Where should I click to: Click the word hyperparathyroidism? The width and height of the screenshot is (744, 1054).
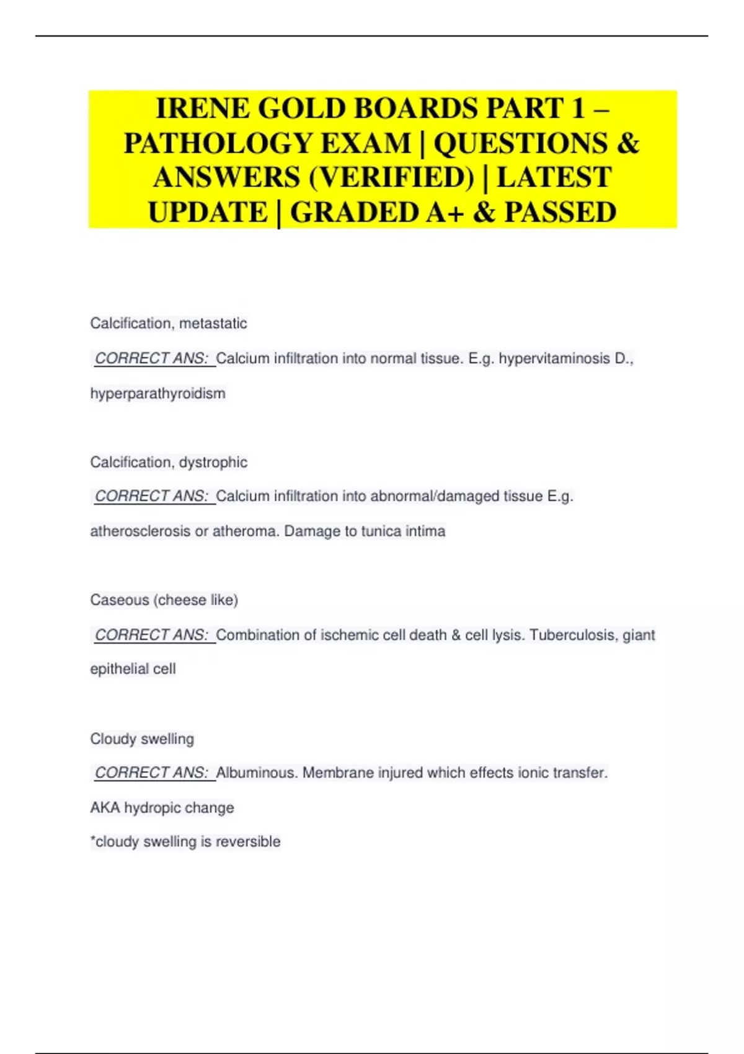click(157, 393)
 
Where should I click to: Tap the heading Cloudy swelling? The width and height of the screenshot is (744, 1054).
click(142, 738)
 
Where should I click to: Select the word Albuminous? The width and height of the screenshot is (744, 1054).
click(257, 773)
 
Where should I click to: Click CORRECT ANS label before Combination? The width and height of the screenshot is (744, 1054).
click(152, 635)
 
